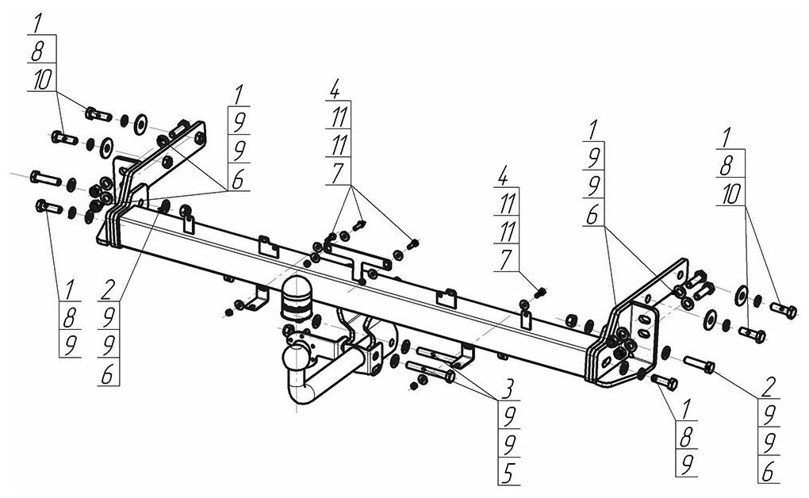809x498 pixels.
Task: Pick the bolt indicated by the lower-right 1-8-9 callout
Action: coord(663,381)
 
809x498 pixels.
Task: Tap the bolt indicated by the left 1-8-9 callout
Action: coord(50,208)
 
